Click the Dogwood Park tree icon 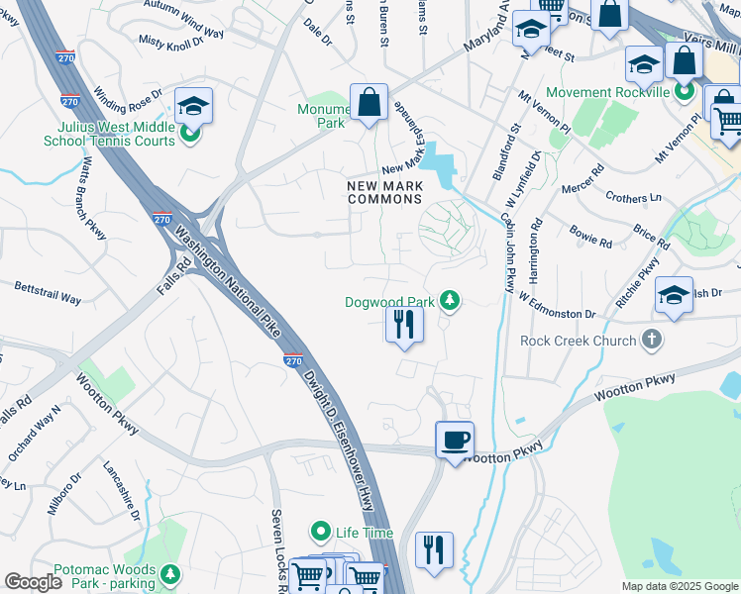point(450,300)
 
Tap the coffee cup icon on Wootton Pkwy point(455,440)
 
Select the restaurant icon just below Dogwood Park point(403,324)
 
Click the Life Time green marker point(320,533)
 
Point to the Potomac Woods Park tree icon point(171,573)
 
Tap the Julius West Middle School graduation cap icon point(193,106)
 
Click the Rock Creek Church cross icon point(651,341)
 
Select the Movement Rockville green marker point(684,93)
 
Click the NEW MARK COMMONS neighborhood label point(384,192)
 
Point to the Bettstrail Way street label point(48,292)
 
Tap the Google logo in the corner point(34,581)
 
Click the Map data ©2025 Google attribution point(679,586)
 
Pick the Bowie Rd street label point(590,237)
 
